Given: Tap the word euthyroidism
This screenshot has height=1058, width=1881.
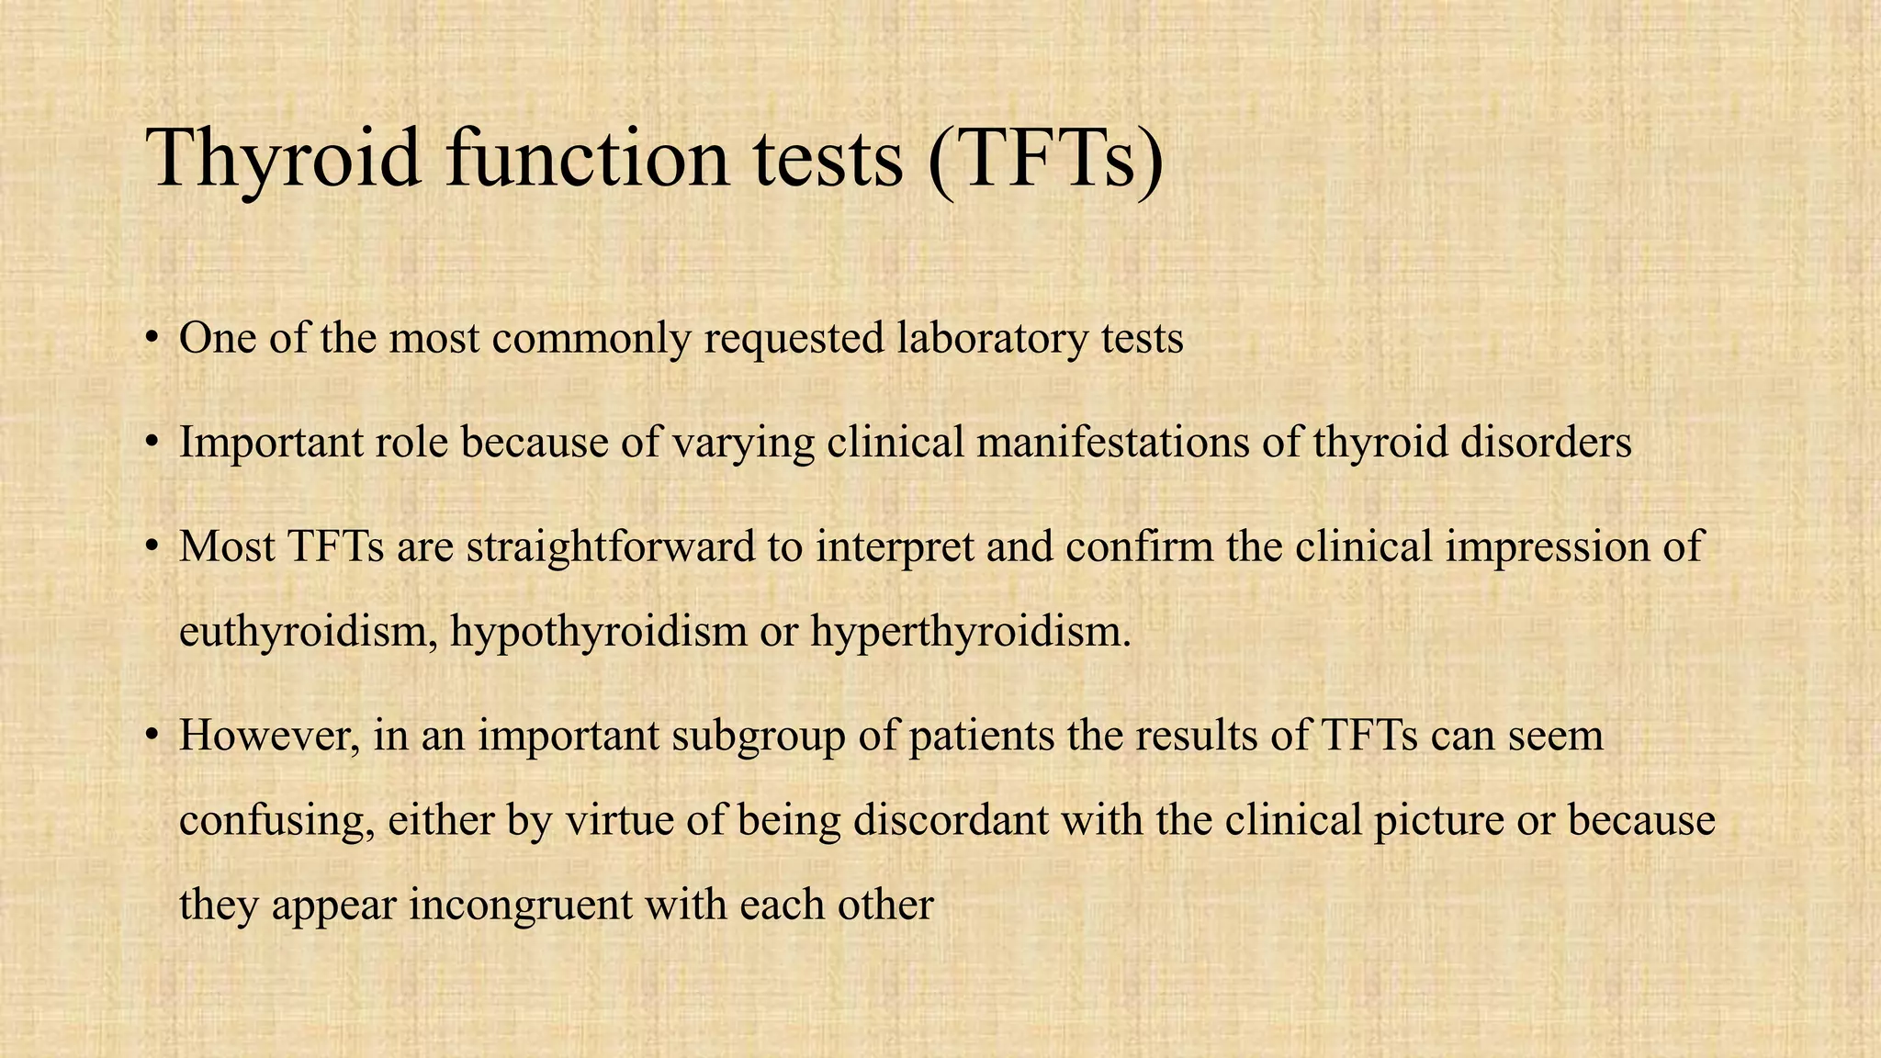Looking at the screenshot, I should point(307,633).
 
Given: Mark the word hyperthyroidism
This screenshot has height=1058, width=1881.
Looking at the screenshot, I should point(970,633).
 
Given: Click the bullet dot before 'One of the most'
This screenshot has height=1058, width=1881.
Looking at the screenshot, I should point(152,338).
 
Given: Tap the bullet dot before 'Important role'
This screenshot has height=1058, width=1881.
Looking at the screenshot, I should point(152,443).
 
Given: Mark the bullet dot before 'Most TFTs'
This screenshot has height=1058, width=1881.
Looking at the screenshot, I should point(152,547).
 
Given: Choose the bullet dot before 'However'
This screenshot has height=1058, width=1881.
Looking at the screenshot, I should point(152,737).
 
